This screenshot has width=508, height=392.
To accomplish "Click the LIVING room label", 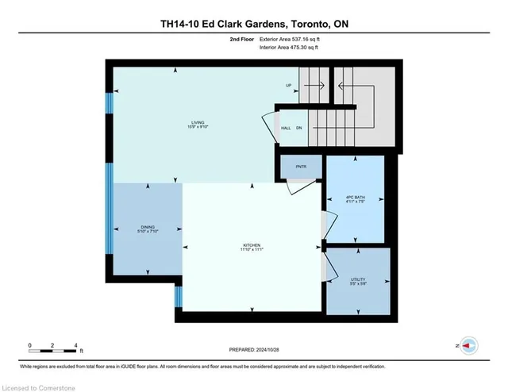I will click(187, 122).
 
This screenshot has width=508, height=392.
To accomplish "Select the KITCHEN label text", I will click(252, 245).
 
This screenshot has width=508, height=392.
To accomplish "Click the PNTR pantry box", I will click(301, 167).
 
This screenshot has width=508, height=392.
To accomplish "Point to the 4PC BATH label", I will click(355, 197).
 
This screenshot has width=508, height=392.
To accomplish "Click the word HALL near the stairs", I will click(285, 128).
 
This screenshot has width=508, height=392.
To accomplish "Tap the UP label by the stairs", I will click(291, 85).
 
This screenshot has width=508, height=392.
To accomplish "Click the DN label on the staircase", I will click(298, 128).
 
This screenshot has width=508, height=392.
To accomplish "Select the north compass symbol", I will click(468, 346).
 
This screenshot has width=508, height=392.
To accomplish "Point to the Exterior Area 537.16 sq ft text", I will click(295, 38).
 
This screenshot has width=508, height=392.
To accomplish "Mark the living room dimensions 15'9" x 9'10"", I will click(187, 128).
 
